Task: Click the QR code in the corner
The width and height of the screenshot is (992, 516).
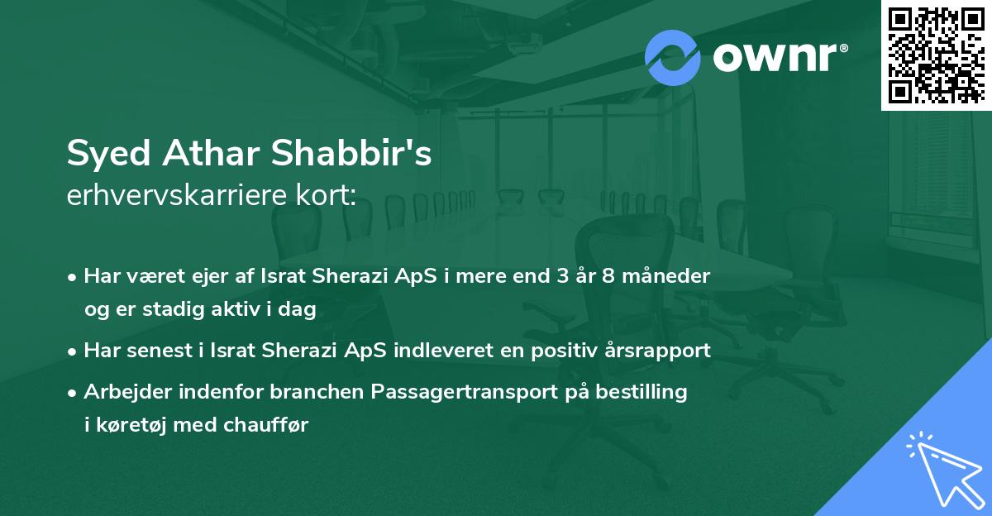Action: pos(936,55)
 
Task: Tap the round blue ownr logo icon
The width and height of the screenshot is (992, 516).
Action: pos(673,56)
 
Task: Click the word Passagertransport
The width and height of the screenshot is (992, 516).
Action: pos(445,392)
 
